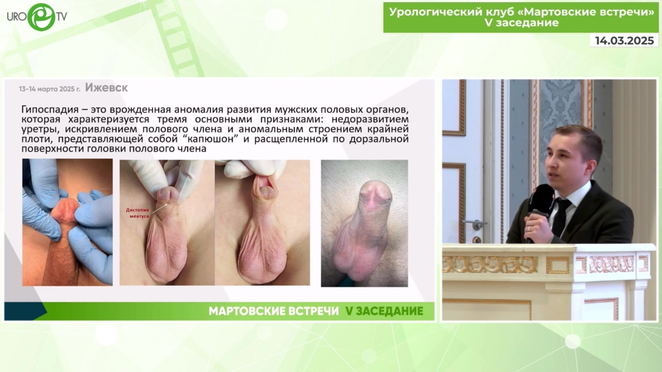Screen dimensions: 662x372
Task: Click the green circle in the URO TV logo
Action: [41, 17]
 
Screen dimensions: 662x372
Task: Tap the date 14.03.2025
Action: [625, 41]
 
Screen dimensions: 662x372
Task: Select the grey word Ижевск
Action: [107, 88]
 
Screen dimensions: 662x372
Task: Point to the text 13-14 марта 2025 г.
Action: [49, 89]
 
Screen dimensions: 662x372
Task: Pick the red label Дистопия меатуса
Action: [137, 213]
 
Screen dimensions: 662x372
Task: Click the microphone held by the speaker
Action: [540, 207]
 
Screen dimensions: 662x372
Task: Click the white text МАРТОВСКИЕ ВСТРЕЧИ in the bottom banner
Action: [273, 311]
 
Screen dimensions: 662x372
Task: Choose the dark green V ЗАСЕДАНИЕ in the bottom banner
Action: [384, 311]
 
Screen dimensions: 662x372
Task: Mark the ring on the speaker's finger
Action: [530, 228]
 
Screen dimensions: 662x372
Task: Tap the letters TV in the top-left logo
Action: [61, 16]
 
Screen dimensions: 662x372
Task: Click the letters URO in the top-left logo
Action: [17, 17]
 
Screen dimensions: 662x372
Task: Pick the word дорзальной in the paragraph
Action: [379, 139]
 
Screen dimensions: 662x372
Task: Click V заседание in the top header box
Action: [522, 23]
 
